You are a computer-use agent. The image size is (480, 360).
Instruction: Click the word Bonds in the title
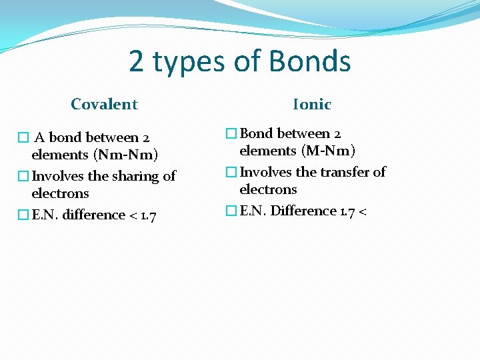click(x=309, y=62)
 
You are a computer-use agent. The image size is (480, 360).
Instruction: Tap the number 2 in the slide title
click(x=137, y=62)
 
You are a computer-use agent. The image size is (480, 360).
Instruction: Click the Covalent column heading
click(x=104, y=104)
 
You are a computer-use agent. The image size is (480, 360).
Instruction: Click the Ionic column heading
click(x=312, y=104)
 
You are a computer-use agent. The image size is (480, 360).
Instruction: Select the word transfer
click(x=340, y=172)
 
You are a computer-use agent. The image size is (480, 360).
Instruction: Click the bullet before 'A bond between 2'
click(x=23, y=138)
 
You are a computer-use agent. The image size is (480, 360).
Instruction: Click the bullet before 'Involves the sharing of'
click(x=23, y=177)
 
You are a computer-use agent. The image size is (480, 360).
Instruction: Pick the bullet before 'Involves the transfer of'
click(x=231, y=173)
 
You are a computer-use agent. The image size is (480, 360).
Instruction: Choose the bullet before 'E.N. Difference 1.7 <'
click(x=231, y=211)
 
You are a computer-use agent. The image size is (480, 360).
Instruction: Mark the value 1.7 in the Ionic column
click(x=347, y=211)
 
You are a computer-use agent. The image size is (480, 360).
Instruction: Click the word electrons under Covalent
click(x=60, y=193)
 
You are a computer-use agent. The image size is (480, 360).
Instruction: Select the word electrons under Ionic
click(x=268, y=189)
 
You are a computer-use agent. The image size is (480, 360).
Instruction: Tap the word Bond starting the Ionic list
click(x=256, y=133)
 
